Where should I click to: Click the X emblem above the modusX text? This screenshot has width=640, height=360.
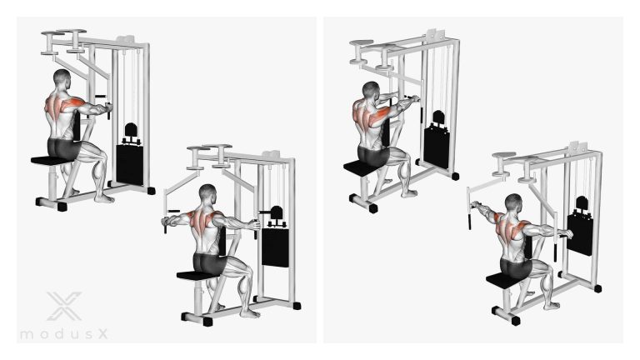pyautogui.click(x=64, y=306)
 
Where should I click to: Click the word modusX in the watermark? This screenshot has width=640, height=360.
pyautogui.click(x=64, y=334)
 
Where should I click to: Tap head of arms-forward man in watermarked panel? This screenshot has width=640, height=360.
pyautogui.click(x=62, y=78)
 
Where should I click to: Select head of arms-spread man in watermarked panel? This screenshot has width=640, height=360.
pyautogui.click(x=208, y=193)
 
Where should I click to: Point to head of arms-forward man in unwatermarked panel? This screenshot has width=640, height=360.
pyautogui.click(x=371, y=91)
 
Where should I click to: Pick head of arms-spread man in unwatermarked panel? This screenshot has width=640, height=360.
pyautogui.click(x=513, y=203)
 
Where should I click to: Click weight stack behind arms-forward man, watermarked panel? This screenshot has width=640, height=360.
pyautogui.click(x=130, y=164)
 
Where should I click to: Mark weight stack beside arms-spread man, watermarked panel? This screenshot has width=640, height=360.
pyautogui.click(x=276, y=247)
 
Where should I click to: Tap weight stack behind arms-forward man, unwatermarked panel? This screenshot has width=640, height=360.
pyautogui.click(x=437, y=147)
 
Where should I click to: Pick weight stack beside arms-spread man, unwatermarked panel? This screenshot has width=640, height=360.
pyautogui.click(x=580, y=235)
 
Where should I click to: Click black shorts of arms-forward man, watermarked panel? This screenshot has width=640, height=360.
pyautogui.click(x=63, y=147)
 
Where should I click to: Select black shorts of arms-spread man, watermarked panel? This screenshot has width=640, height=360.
pyautogui.click(x=209, y=263)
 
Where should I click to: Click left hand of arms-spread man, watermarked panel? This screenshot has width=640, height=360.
pyautogui.click(x=166, y=222)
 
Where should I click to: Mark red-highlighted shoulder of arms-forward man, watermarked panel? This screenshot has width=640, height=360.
pyautogui.click(x=74, y=104)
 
